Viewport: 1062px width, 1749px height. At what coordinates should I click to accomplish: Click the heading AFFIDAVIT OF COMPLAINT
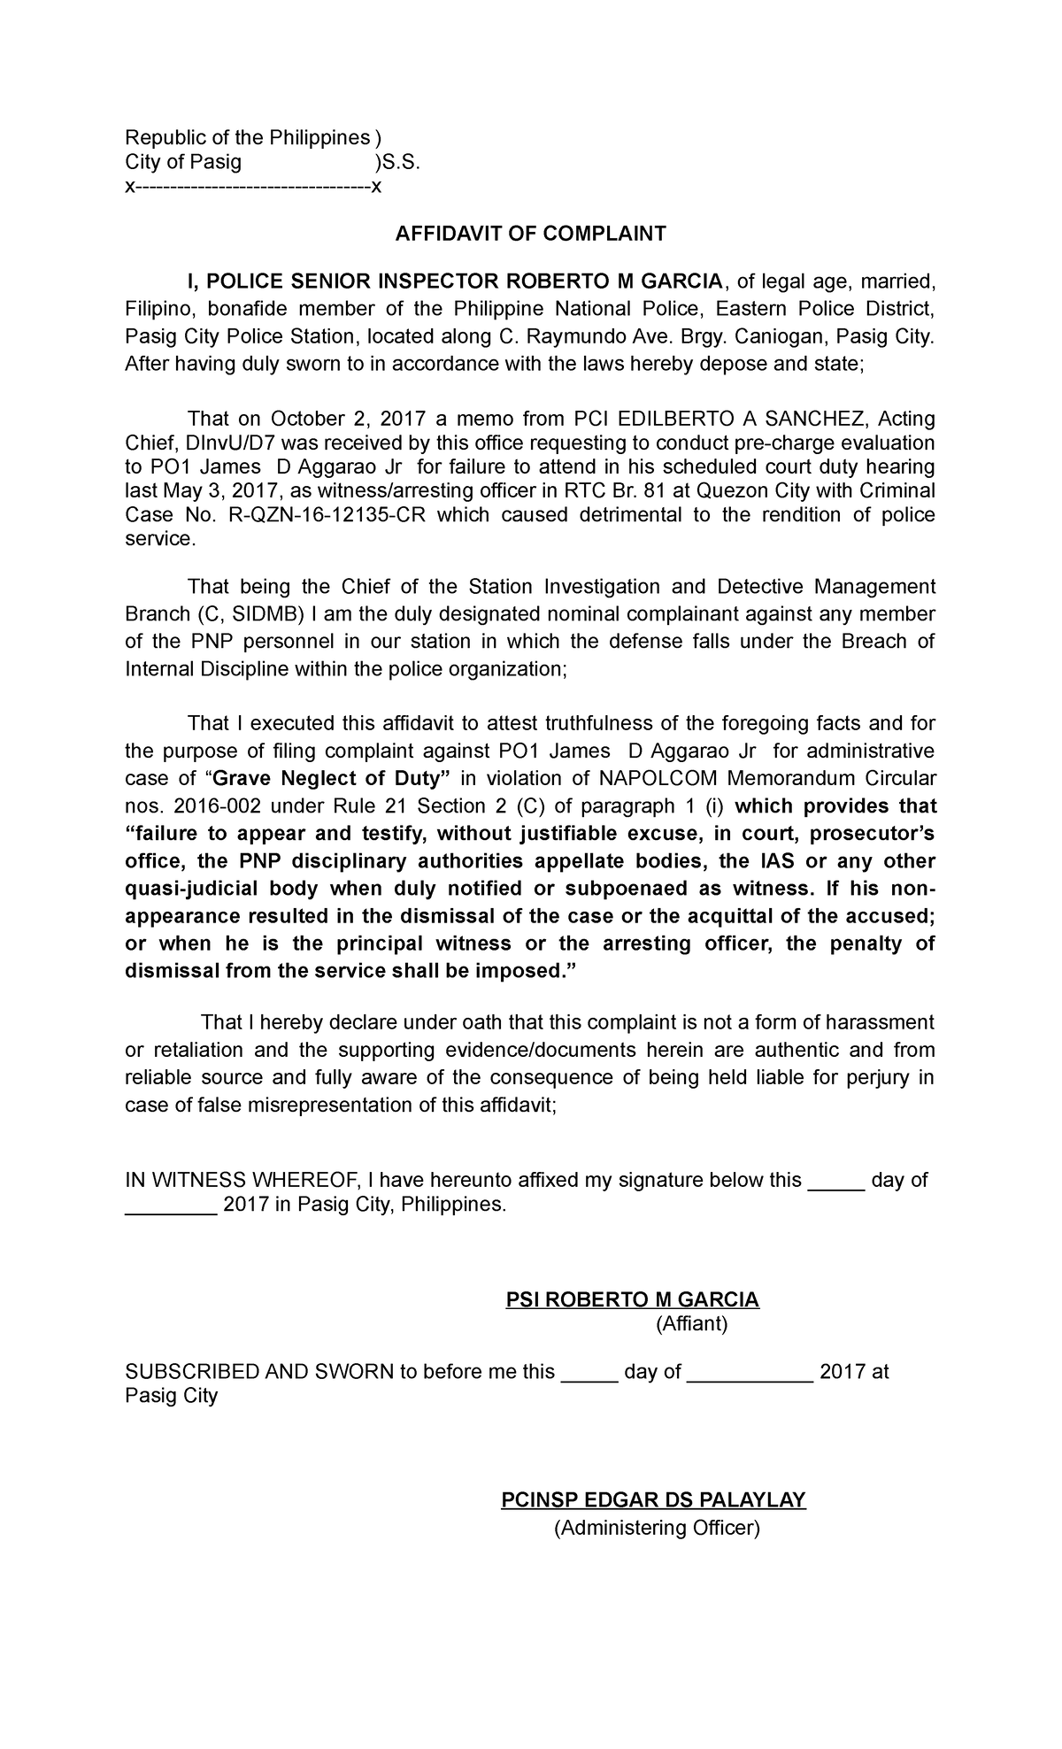tap(529, 234)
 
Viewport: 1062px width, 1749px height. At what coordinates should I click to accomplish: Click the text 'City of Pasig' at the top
tap(182, 162)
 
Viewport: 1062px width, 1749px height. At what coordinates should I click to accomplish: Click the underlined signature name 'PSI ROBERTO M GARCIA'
tap(632, 1299)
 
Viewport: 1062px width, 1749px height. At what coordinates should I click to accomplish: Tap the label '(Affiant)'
tap(691, 1324)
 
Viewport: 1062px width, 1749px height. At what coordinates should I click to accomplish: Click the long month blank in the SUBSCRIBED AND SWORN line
tap(750, 1373)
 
